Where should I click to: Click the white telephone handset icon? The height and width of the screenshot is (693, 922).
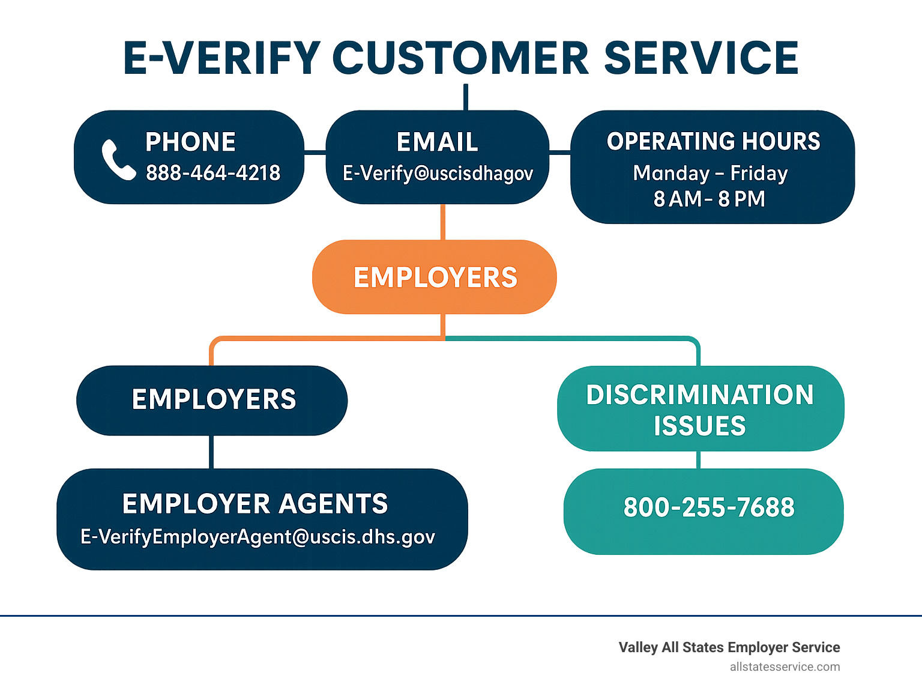click(118, 160)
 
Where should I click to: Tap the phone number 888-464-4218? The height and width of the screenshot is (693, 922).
click(213, 173)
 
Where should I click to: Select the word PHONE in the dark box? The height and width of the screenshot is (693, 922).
click(190, 142)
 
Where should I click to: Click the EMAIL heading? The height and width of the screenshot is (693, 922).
click(437, 142)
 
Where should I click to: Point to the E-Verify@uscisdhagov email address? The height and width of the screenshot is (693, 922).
click(438, 174)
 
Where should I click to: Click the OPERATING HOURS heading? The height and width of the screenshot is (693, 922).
click(713, 141)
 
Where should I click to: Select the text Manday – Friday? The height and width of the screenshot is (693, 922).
click(710, 173)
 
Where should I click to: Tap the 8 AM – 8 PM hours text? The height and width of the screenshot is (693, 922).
click(709, 199)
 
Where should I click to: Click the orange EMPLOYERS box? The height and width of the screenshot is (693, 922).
click(435, 277)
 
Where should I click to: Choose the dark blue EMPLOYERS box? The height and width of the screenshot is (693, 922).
click(212, 401)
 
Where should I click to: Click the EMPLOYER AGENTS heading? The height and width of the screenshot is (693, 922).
click(255, 503)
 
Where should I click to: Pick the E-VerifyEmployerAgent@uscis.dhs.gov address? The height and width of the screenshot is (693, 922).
click(258, 537)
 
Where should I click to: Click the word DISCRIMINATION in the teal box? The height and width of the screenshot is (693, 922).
click(701, 395)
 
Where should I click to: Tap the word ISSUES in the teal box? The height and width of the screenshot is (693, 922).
click(700, 426)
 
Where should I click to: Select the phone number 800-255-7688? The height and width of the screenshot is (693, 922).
click(709, 507)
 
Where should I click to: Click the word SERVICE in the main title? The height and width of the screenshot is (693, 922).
click(701, 58)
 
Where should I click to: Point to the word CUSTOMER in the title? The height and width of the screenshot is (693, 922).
click(461, 58)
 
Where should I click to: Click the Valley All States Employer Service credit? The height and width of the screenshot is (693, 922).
click(729, 647)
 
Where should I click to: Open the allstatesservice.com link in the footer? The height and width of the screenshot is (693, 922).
click(785, 667)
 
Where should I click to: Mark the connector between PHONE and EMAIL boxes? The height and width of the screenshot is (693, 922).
click(315, 152)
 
